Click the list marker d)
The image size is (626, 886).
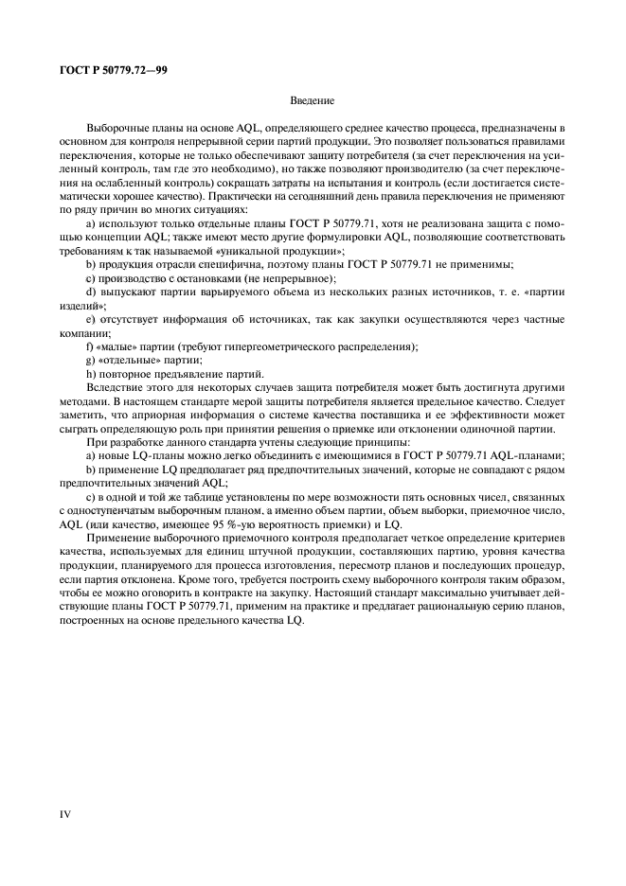tap(90, 293)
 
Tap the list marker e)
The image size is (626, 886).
tap(90, 321)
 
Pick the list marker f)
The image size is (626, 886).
tap(89, 347)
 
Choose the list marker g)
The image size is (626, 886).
tap(90, 361)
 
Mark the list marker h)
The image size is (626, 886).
tap(90, 374)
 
